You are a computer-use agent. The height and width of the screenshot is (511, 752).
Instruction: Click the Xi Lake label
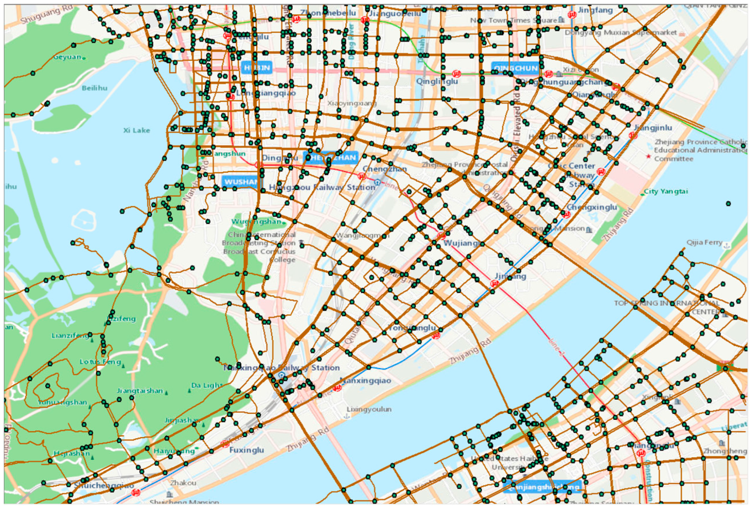137,130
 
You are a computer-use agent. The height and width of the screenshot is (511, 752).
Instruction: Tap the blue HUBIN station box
257,68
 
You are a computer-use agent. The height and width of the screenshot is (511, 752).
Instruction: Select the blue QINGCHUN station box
515,68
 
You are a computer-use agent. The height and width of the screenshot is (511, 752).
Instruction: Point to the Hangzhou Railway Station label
322,187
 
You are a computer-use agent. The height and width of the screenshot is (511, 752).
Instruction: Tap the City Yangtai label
665,192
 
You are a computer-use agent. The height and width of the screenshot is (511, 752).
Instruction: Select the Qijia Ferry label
704,243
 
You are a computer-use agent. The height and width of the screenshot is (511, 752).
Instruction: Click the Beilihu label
95,88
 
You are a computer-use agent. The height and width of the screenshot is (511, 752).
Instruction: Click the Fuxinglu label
246,450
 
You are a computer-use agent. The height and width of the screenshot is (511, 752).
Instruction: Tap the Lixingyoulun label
369,409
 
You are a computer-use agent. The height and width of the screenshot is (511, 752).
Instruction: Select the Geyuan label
67,57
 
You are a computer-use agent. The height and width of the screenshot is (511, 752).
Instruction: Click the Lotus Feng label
100,362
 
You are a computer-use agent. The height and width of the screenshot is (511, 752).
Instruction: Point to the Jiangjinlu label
653,128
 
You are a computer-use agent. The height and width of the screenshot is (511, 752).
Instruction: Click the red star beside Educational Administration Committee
648,157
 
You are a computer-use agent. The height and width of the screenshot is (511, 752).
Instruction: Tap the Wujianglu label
463,243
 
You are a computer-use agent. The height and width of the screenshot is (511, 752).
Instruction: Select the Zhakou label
183,483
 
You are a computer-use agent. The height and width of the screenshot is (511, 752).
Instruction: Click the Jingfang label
595,10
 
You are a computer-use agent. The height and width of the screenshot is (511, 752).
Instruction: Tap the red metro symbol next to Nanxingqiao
337,388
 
